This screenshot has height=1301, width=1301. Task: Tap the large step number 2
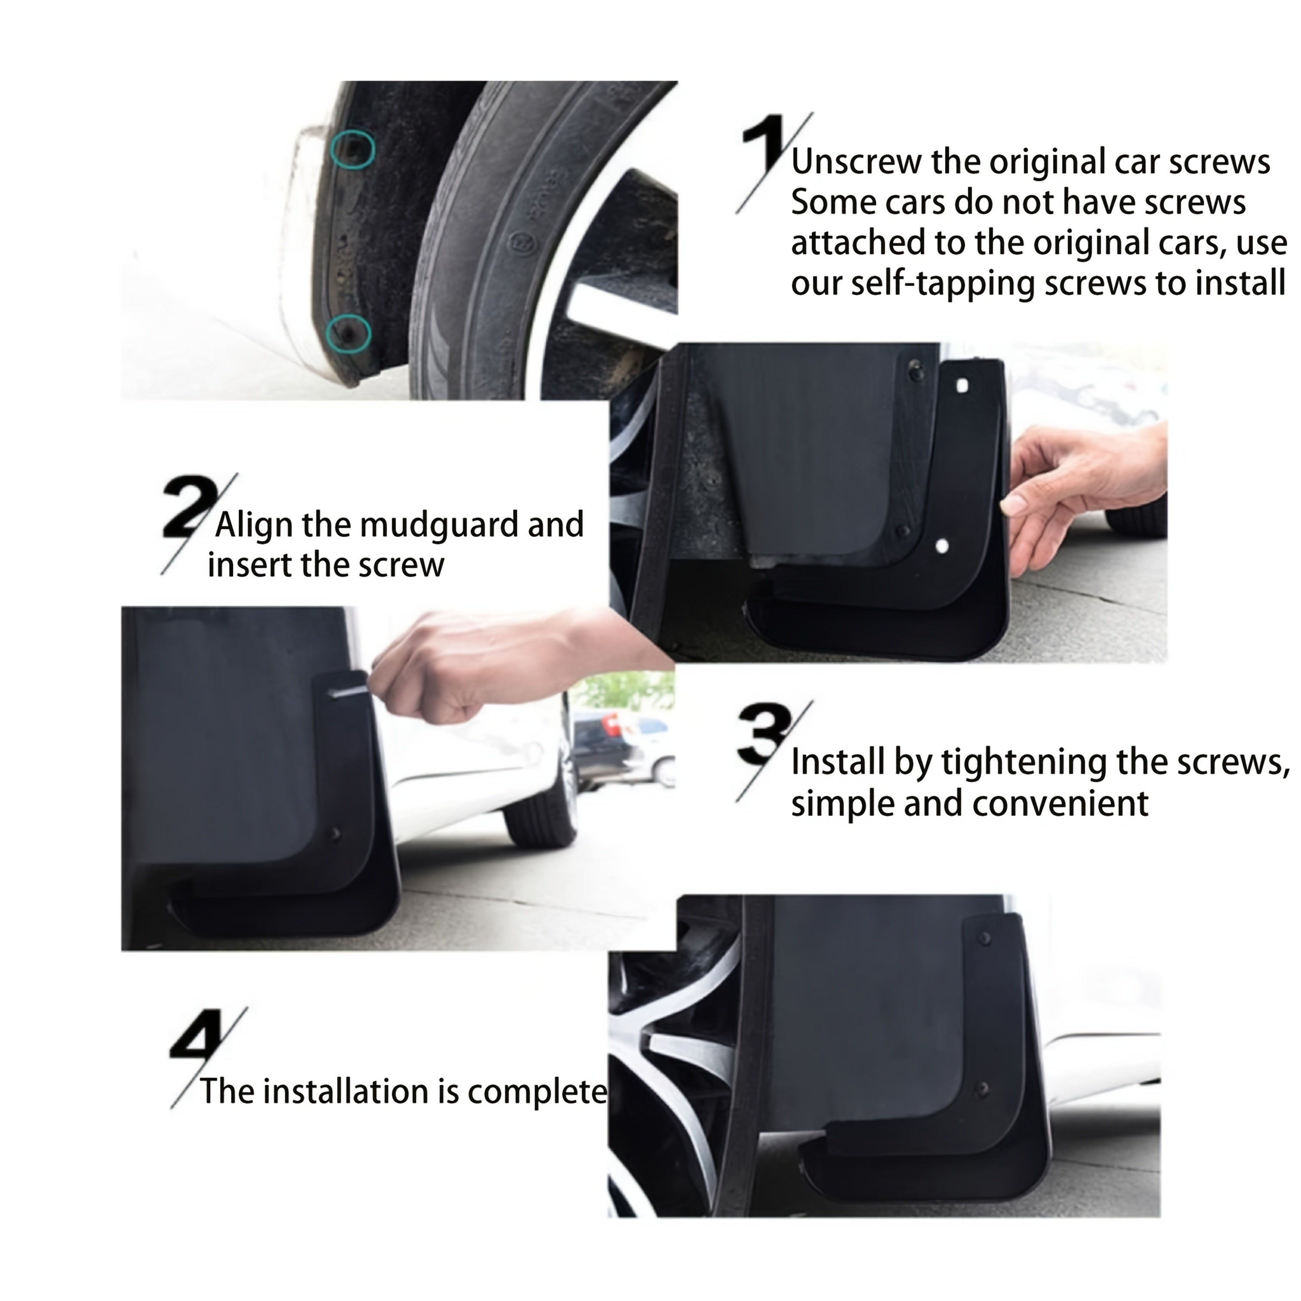pyautogui.click(x=187, y=506)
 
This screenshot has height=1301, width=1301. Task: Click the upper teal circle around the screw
pyautogui.click(x=353, y=149)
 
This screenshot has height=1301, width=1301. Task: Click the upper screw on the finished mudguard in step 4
pyautogui.click(x=984, y=938)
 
